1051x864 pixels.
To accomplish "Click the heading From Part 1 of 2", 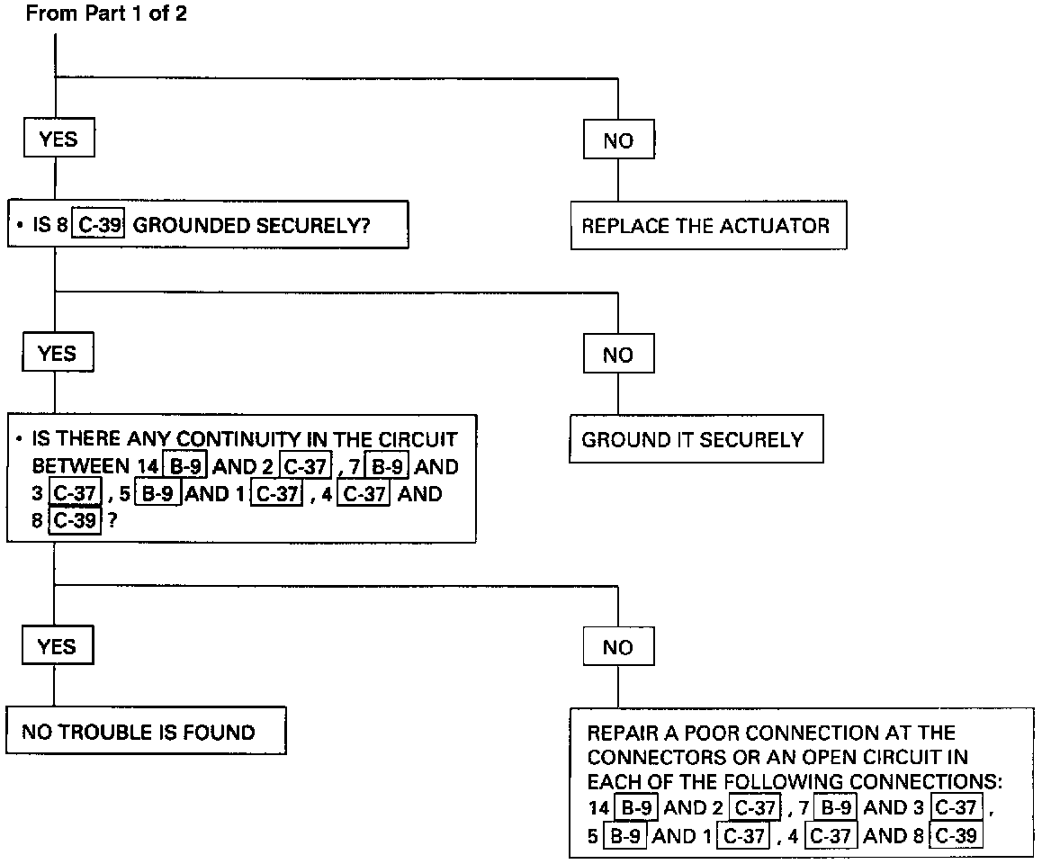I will tap(106, 14).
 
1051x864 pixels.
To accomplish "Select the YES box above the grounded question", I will tap(58, 139).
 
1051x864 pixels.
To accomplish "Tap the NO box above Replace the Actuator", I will tap(618, 140).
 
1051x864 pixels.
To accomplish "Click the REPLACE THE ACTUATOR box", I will tap(706, 226).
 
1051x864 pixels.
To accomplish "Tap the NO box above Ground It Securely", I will tap(618, 355).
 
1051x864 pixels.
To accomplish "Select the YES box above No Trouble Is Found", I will tap(58, 646).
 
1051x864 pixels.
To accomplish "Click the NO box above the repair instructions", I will tap(618, 647).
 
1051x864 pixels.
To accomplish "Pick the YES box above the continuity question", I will tap(58, 354).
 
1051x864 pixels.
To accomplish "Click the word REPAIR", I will tap(619, 733).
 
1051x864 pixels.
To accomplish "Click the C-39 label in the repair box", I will tap(956, 836).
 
